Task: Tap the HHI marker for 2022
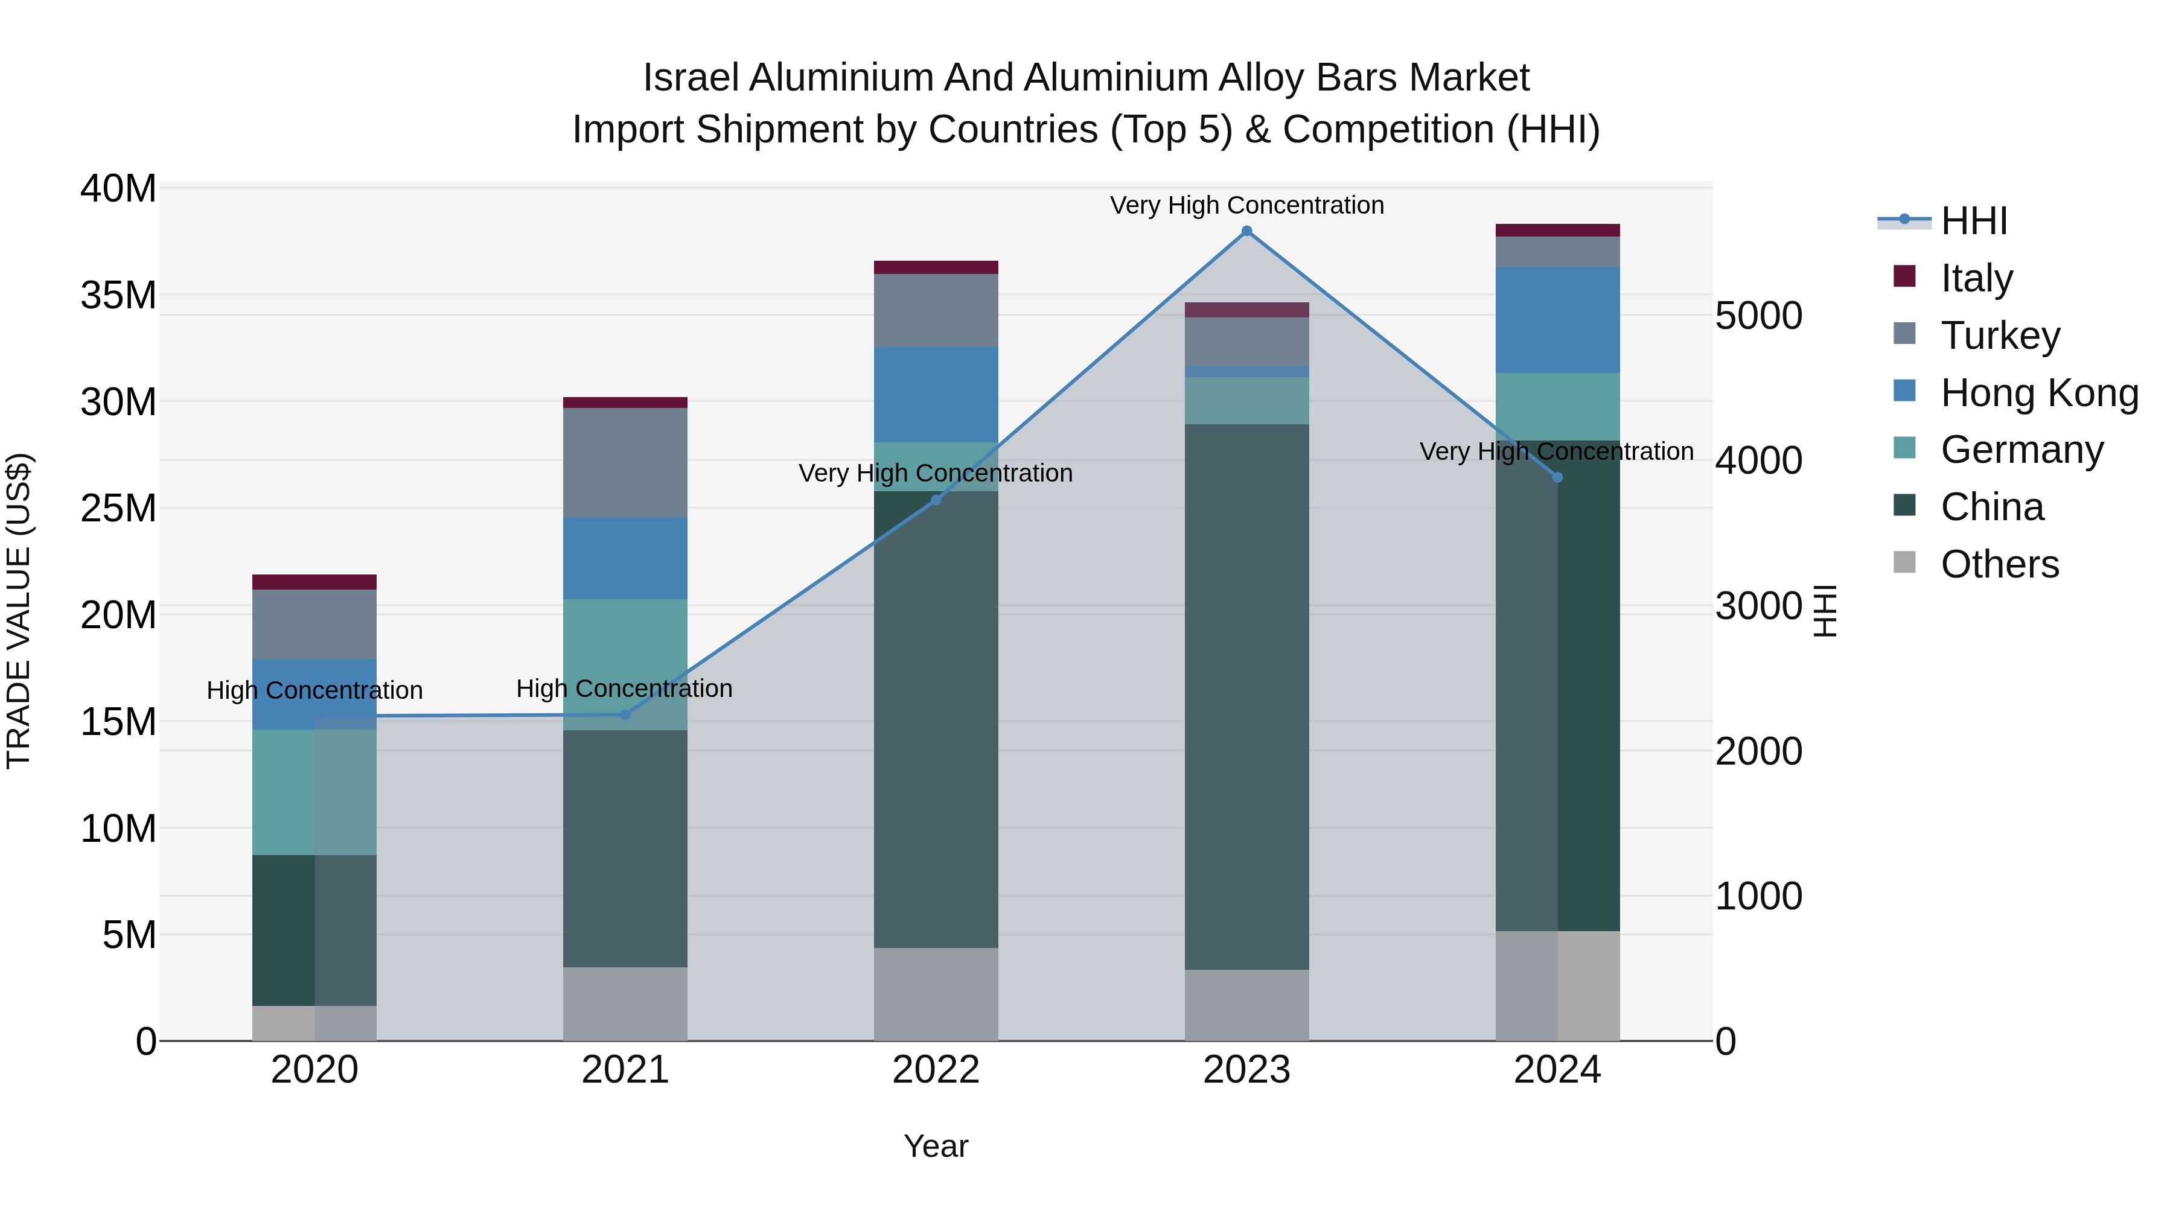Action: [936, 500]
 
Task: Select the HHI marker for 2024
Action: [1557, 477]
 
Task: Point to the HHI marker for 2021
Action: [625, 714]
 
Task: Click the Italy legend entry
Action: [1976, 278]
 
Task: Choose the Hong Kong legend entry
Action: [2039, 392]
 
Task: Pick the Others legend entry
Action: [1999, 564]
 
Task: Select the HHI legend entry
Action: [1973, 221]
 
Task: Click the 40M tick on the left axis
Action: [118, 188]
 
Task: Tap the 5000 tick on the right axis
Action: [1759, 316]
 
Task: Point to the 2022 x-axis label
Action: [936, 1070]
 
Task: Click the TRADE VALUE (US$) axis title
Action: [19, 611]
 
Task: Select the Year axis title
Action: [936, 1146]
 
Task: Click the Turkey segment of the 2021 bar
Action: [625, 462]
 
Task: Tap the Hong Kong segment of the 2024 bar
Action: [1557, 320]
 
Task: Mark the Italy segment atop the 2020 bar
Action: [314, 582]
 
